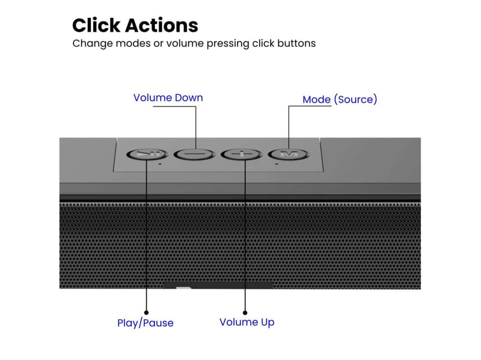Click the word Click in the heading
pyautogui.click(x=96, y=25)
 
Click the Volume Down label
pyautogui.click(x=168, y=97)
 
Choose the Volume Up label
pyautogui.click(x=247, y=322)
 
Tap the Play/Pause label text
pyautogui.click(x=145, y=323)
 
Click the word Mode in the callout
pyautogui.click(x=317, y=99)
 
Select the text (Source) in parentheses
pyautogui.click(x=356, y=99)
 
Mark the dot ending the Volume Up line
pyautogui.click(x=245, y=311)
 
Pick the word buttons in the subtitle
pyautogui.click(x=294, y=43)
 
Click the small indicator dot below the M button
pyautogui.click(x=276, y=163)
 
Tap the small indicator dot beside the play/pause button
pyautogui.click(x=160, y=163)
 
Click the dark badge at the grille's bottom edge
pyautogui.click(x=218, y=284)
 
